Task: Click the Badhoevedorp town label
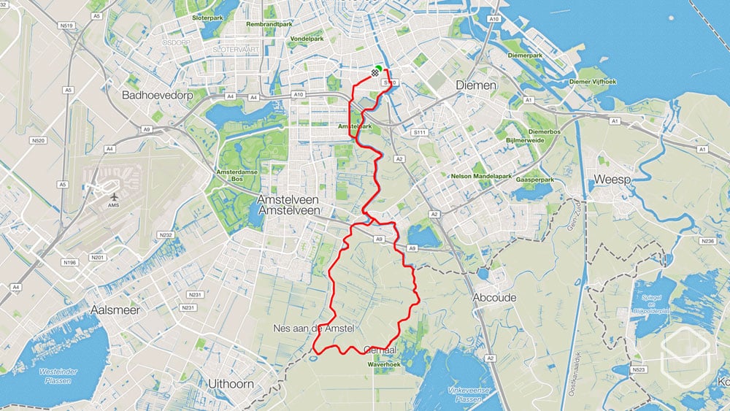tap(155, 95)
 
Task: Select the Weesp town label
tap(611, 179)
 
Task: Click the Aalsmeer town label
tap(115, 310)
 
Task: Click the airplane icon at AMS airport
tap(114, 196)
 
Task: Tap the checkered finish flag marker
tap(375, 72)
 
